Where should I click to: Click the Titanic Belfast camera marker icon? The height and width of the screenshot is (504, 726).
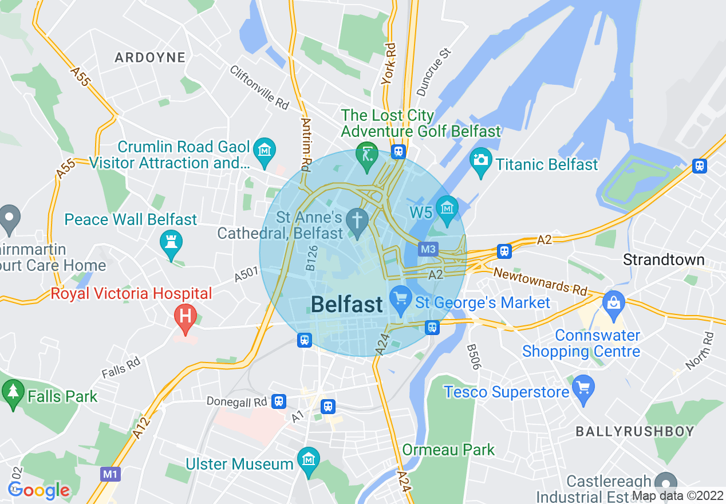(x=481, y=159)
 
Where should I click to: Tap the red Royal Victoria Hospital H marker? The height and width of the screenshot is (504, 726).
(x=185, y=316)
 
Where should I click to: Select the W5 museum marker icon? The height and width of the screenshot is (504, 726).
(x=447, y=207)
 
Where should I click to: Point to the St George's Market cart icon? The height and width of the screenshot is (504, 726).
(x=401, y=298)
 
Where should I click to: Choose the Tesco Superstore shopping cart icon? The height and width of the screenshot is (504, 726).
(x=583, y=388)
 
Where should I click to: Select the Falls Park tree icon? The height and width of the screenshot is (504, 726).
(x=12, y=392)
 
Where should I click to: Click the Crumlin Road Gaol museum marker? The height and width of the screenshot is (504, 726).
(x=265, y=151)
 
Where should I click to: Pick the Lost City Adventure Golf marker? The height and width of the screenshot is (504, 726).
(x=366, y=154)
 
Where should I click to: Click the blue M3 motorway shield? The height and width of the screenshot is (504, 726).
(x=428, y=249)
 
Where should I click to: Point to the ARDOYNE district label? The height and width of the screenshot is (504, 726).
(x=150, y=57)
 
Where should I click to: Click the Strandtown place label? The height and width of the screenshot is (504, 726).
(x=663, y=259)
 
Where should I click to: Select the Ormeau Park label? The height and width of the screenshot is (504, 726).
(x=448, y=450)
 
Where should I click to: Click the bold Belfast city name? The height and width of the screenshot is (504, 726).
(x=347, y=304)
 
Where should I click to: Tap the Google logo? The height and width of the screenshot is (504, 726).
(x=38, y=490)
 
